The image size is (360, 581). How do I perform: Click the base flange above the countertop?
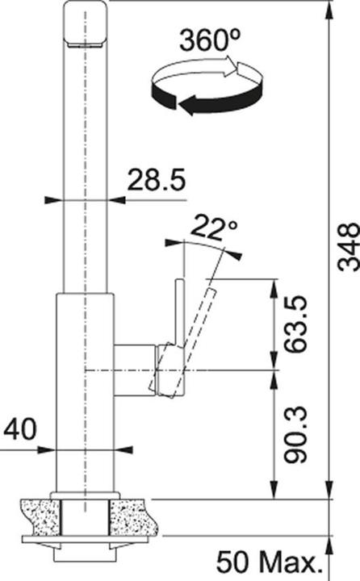tap(84, 494)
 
